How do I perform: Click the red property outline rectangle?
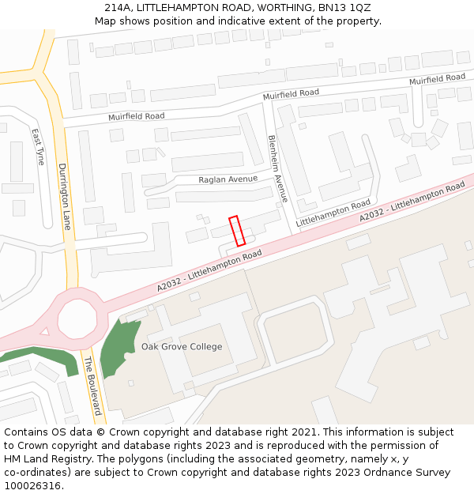pos(237,230)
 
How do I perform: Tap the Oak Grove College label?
pos(182,347)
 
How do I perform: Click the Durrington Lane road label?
pos(65,196)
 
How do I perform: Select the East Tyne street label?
pos(39,146)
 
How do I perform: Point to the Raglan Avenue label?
pos(228,179)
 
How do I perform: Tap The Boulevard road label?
pos(92,387)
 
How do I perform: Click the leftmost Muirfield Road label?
pos(137,116)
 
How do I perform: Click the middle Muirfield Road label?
pos(291,94)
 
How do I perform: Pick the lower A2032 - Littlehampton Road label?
pos(209,271)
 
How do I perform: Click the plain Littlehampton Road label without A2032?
pos(333,214)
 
